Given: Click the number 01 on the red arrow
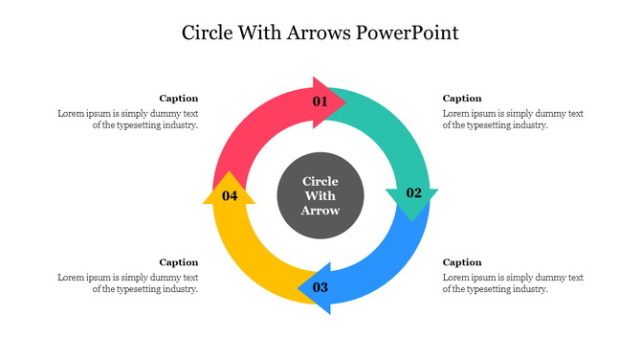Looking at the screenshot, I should coord(320,101).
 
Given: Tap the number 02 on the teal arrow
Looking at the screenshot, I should coord(413,192).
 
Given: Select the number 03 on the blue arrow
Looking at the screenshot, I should coord(320,287).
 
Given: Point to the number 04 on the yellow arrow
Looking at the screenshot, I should coord(230,195).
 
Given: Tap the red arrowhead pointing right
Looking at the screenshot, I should coord(333,101).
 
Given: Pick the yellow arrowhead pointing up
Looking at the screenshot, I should coord(229,188).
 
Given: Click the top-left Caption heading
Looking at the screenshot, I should coord(179,98).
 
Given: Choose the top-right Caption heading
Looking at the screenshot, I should coord(462,98).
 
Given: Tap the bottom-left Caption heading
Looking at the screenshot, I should coord(179,261).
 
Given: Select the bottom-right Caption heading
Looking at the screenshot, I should coord(462,261).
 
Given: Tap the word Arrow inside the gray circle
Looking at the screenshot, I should coord(320,210).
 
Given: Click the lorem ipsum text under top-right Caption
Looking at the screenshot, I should coord(513,119).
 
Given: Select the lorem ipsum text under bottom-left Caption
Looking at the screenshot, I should coord(128,282).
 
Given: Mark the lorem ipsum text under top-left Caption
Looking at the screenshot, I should coord(128,119).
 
